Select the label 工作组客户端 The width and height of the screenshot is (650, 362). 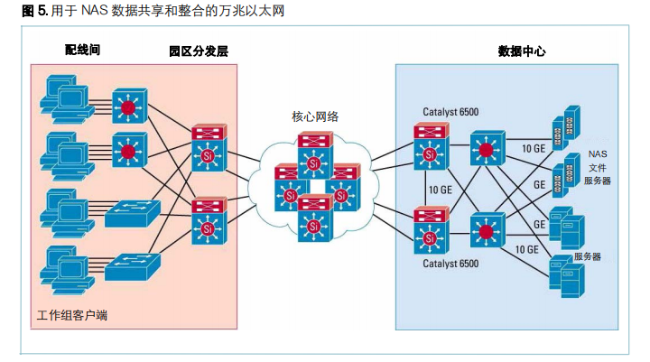pyautogui.click(x=72, y=315)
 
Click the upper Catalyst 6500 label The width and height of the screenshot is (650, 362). pyautogui.click(x=450, y=112)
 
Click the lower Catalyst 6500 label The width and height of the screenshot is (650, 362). pyautogui.click(x=450, y=264)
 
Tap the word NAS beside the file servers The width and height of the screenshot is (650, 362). pyautogui.click(x=598, y=154)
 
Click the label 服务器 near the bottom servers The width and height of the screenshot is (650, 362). pyautogui.click(x=588, y=256)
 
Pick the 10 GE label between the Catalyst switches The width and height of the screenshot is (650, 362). pyautogui.click(x=441, y=190)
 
